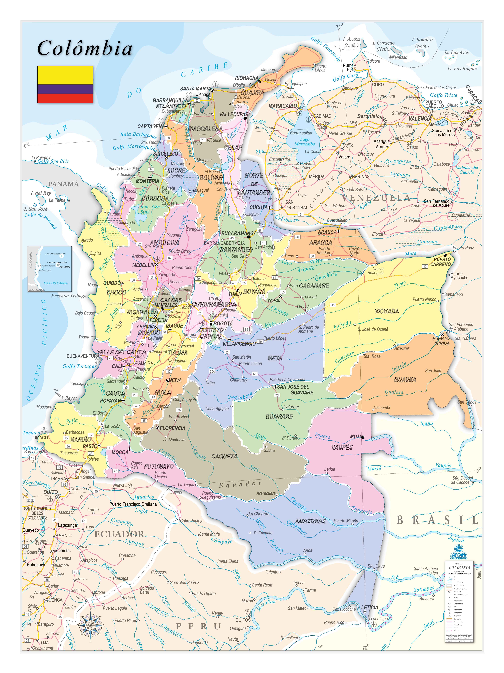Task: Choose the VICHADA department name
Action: click(x=387, y=311)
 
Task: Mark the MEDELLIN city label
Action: click(x=143, y=265)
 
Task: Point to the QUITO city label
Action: click(x=50, y=492)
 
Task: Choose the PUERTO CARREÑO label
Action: click(x=442, y=262)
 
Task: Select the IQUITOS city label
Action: click(x=242, y=620)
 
